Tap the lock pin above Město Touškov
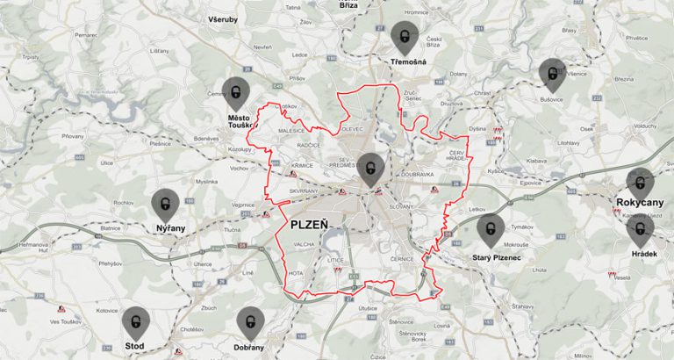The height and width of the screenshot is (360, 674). (x=235, y=91)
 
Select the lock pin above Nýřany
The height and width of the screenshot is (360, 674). (x=165, y=204)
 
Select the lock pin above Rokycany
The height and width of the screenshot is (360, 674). (x=641, y=183)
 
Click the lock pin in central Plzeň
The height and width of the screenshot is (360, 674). (x=371, y=168)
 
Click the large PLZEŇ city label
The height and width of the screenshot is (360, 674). (x=309, y=226)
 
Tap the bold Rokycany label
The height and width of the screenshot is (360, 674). (x=640, y=202)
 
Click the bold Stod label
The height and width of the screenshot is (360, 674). (x=135, y=347)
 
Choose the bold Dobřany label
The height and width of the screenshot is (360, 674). (x=250, y=347)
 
